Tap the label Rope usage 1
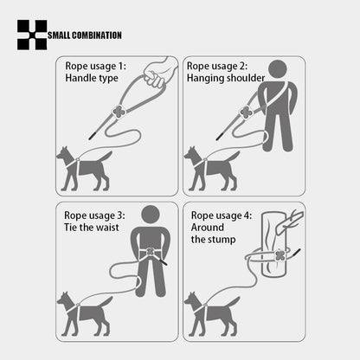click(x=95, y=66)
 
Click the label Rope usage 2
click(x=217, y=66)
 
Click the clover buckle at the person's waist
click(x=151, y=254)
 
